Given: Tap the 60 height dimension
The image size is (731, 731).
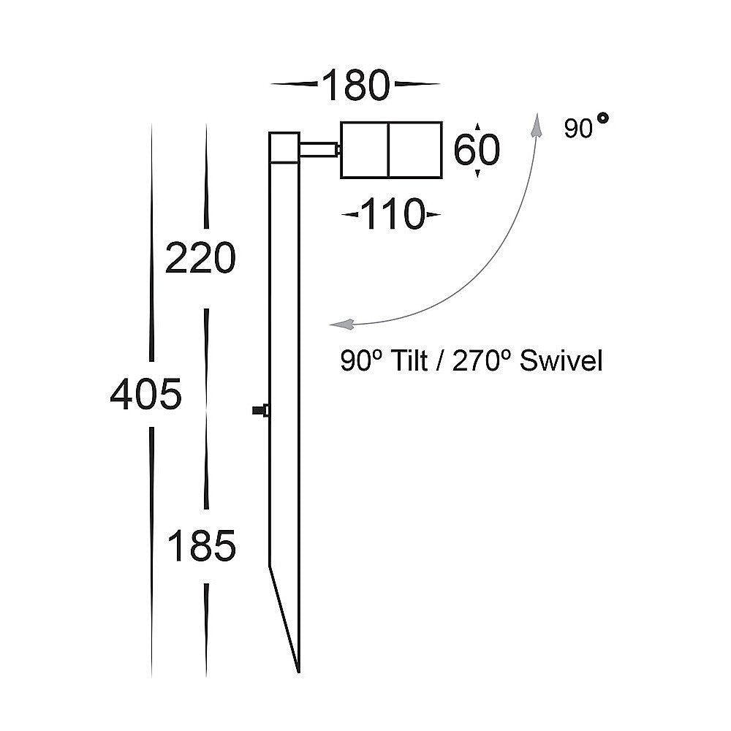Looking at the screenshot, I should (477, 151).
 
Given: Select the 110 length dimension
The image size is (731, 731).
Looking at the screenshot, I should (393, 215).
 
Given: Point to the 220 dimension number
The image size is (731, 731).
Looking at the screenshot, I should (201, 259).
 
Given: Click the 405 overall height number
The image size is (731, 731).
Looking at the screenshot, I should (145, 395).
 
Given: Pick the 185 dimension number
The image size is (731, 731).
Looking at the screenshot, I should (202, 546).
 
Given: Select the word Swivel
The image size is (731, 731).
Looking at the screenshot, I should (561, 361).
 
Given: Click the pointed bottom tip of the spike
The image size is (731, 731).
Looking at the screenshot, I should (298, 670).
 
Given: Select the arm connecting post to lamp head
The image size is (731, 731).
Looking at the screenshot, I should (318, 150).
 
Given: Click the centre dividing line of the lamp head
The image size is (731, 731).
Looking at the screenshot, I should (390, 150).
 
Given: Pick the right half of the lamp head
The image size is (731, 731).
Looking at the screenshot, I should (415, 150).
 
